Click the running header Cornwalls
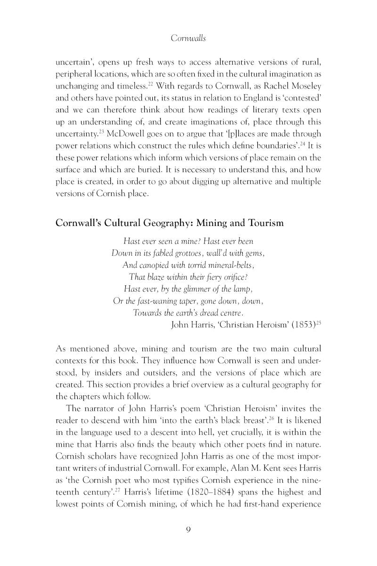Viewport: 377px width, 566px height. [188, 40]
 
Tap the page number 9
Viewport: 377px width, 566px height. [188, 529]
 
